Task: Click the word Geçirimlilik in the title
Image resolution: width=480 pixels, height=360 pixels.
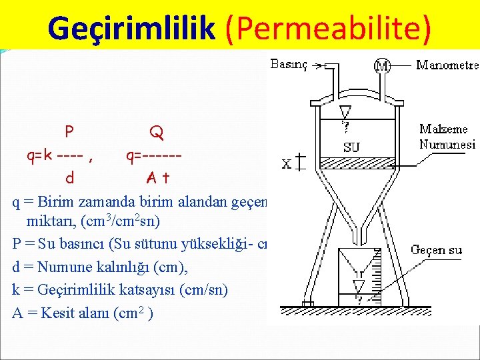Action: (x=131, y=28)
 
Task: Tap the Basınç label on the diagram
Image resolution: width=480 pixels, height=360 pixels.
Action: (x=288, y=65)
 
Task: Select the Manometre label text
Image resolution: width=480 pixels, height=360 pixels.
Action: (x=447, y=65)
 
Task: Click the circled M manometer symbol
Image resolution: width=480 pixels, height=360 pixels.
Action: (x=383, y=66)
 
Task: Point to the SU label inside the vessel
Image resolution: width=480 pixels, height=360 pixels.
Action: (x=351, y=147)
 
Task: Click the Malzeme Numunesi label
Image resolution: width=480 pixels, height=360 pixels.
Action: (x=447, y=137)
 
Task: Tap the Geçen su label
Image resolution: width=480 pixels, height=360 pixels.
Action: (x=437, y=250)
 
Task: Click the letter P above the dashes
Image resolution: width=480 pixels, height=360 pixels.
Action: (x=69, y=131)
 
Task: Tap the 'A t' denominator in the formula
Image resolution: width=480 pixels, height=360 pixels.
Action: (x=158, y=178)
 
